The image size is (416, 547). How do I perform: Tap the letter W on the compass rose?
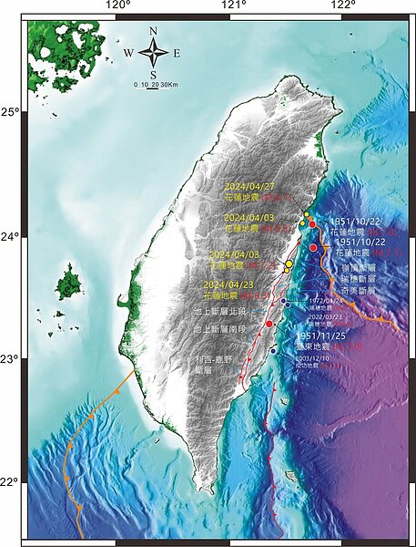point(130,53)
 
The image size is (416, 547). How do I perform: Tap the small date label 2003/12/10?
point(319,358)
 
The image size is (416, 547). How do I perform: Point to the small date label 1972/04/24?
point(326,300)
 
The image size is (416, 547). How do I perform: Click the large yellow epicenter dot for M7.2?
point(289,263)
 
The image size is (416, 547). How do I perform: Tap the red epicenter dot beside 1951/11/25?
point(269,324)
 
